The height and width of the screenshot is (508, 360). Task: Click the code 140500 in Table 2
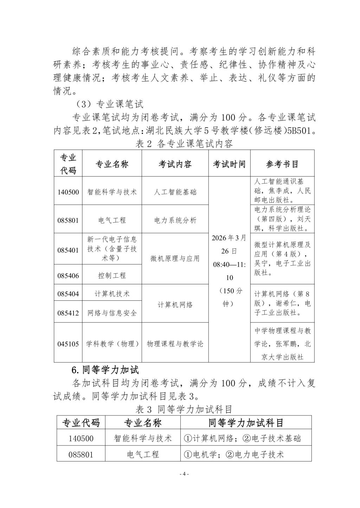click(x=68, y=192)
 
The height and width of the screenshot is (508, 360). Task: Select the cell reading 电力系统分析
click(x=175, y=220)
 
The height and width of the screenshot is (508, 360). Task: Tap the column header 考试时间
click(x=229, y=164)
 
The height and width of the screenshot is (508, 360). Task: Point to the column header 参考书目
click(x=282, y=164)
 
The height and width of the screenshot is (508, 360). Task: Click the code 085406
click(x=68, y=275)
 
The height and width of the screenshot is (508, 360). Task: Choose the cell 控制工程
click(x=112, y=275)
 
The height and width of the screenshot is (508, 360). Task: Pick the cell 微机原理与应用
click(x=175, y=259)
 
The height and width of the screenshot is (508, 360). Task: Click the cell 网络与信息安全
click(x=112, y=313)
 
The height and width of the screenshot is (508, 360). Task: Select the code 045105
click(x=68, y=344)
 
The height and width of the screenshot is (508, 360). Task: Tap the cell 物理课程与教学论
click(x=175, y=344)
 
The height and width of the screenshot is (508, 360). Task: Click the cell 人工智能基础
click(x=175, y=192)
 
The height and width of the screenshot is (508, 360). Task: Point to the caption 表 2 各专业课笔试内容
click(x=184, y=144)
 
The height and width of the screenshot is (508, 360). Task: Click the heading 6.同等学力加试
click(x=105, y=370)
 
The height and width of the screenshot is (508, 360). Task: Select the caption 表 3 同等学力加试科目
click(x=184, y=409)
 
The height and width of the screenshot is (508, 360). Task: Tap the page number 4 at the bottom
click(x=184, y=474)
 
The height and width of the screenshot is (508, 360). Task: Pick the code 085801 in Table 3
click(x=81, y=454)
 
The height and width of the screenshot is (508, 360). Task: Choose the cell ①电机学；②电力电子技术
click(x=234, y=454)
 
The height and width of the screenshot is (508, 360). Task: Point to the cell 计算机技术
click(x=112, y=293)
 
